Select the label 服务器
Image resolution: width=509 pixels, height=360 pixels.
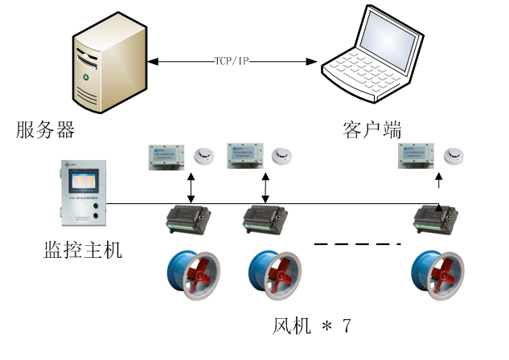(45, 129)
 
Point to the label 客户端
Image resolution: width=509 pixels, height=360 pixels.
(371, 129)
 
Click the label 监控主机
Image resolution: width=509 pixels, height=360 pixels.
(82, 250)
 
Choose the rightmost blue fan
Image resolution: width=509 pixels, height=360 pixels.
(436, 276)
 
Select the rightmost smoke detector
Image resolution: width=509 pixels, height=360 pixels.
(454, 156)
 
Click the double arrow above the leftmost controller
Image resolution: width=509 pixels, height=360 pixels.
(191, 187)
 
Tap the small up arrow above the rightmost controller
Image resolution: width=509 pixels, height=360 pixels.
(438, 183)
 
